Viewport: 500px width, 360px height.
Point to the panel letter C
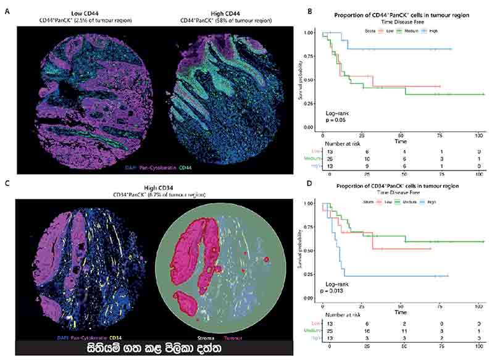[7, 183]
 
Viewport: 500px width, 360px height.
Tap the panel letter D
[300, 183]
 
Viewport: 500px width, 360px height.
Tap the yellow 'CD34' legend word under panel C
[117, 338]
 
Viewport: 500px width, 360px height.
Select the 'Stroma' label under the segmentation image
[206, 338]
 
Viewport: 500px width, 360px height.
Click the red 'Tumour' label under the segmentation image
[232, 338]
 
